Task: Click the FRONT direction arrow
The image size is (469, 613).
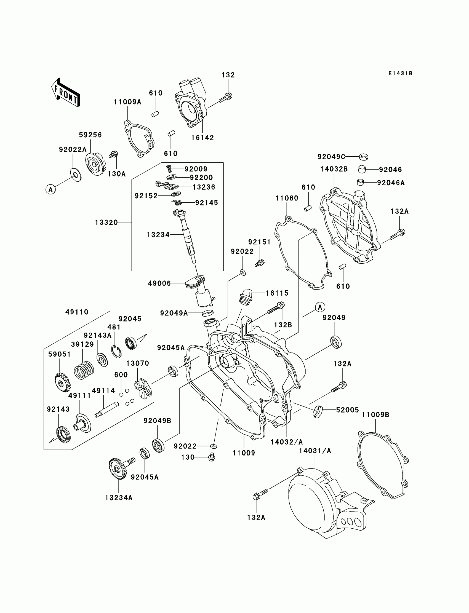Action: coord(66,93)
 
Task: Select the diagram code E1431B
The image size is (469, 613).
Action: coord(400,74)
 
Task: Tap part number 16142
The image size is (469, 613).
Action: coord(202,138)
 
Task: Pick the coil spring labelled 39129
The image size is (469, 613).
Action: coord(84,370)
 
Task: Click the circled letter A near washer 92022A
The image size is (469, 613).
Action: coord(50,190)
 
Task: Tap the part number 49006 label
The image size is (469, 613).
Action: coord(159,283)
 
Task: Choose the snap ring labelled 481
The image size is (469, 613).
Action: coord(117,351)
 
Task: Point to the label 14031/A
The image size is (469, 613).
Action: coord(315,451)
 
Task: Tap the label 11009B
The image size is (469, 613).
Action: coord(375,415)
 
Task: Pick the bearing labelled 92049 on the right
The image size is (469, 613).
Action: coord(336,342)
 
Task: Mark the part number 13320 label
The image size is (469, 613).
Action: coord(106,222)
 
